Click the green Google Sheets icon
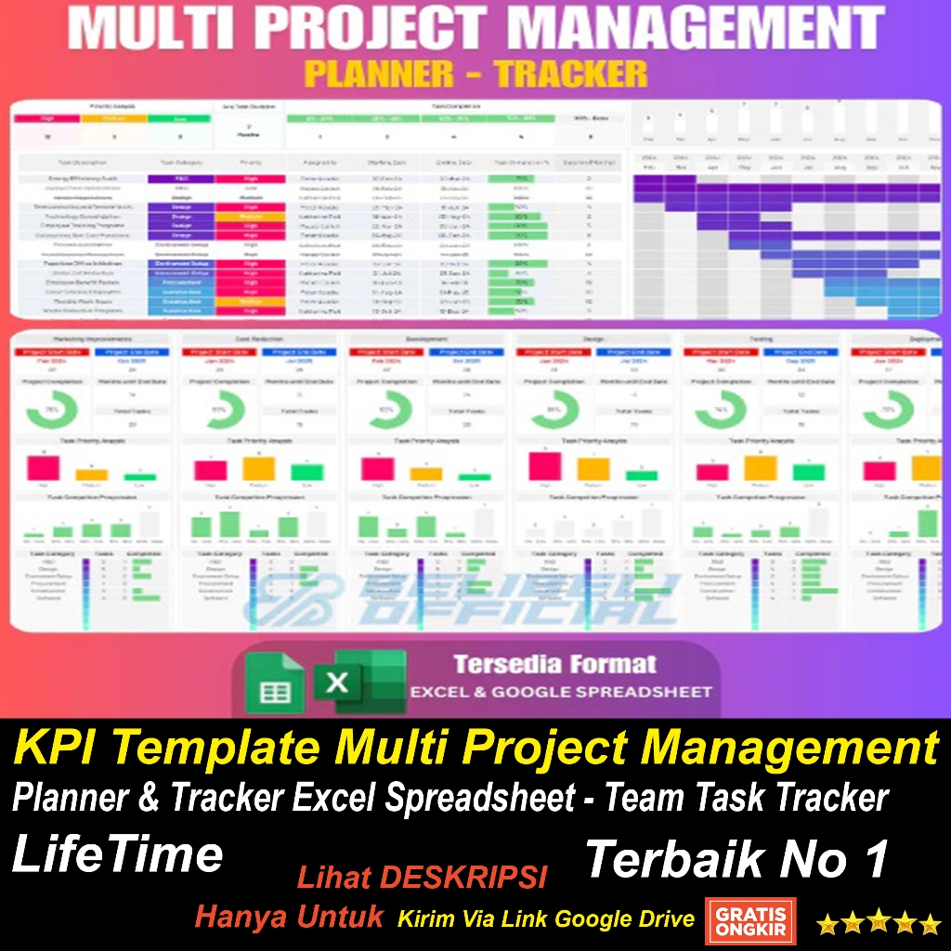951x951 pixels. pyautogui.click(x=273, y=685)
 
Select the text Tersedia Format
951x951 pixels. pyautogui.click(x=554, y=664)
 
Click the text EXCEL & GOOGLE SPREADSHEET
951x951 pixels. pyautogui.click(x=561, y=692)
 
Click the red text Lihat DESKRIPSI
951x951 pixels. pyautogui.click(x=422, y=877)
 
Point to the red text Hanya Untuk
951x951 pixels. pyautogui.click(x=289, y=918)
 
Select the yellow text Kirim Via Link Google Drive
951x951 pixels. pyautogui.click(x=546, y=919)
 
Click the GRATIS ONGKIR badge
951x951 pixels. pyautogui.click(x=750, y=918)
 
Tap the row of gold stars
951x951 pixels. pyautogui.click(x=879, y=923)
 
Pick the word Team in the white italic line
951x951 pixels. pyautogui.click(x=640, y=798)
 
